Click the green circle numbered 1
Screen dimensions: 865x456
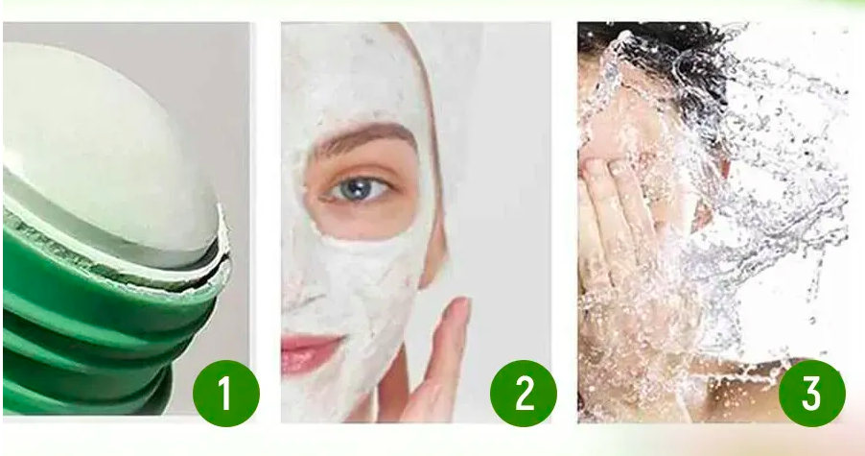click(x=225, y=393)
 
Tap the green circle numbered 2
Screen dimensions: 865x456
click(x=523, y=393)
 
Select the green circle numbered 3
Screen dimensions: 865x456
click(x=811, y=393)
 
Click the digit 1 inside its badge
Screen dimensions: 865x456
click(x=225, y=393)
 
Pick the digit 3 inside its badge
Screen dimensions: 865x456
click(x=811, y=393)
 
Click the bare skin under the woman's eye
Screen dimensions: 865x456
click(x=364, y=218)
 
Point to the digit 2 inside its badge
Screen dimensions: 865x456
click(x=524, y=393)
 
